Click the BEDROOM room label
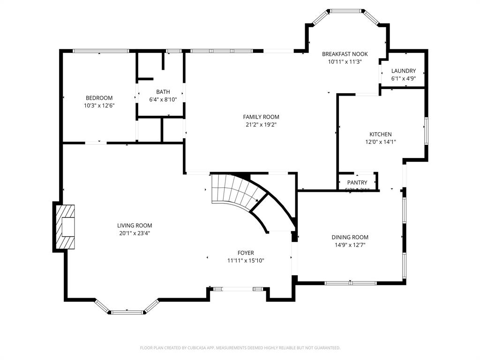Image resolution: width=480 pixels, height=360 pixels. [99, 98]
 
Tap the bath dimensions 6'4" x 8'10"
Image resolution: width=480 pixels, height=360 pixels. [163, 99]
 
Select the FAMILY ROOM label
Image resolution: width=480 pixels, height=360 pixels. [261, 117]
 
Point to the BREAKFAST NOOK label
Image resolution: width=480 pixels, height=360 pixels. [345, 54]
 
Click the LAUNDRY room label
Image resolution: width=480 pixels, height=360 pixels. [404, 71]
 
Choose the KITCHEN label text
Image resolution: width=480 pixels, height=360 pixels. [381, 134]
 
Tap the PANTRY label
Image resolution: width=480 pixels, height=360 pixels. [357, 182]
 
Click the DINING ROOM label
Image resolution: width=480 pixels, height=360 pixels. [350, 237]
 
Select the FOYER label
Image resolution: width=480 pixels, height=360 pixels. [246, 253]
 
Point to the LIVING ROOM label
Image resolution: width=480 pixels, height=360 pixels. [135, 225]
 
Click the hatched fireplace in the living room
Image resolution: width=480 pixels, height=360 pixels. [65, 227]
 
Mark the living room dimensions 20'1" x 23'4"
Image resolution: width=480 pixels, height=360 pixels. [135, 233]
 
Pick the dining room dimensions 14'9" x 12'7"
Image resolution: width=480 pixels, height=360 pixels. [350, 245]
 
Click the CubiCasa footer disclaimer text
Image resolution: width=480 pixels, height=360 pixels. [240, 348]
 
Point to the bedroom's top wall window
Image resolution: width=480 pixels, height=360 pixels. [100, 51]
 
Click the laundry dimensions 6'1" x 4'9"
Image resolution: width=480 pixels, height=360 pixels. [404, 78]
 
